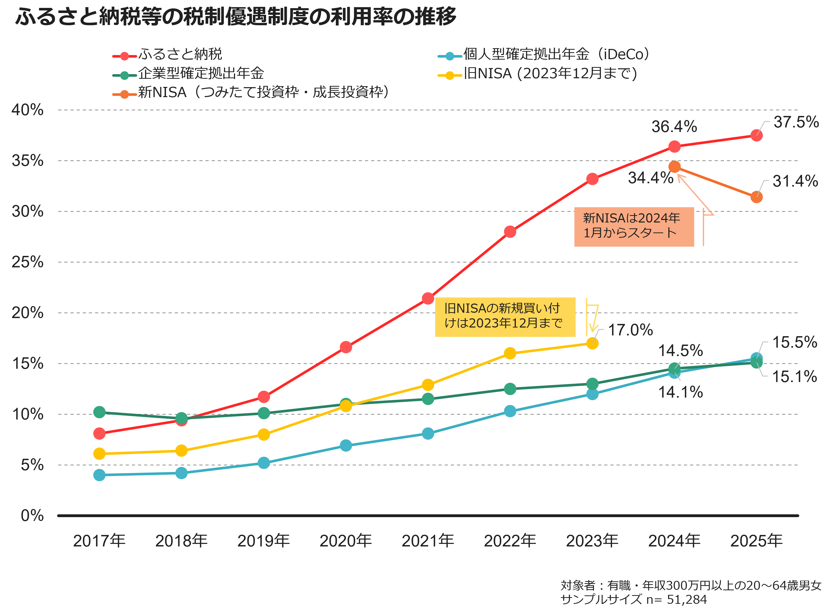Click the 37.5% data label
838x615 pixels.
[x=796, y=122]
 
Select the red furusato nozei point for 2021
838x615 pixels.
[x=428, y=298]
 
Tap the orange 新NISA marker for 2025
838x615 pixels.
[x=756, y=197]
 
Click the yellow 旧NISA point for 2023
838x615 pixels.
[x=592, y=343]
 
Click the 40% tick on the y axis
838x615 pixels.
[x=28, y=110]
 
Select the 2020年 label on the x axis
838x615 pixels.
[x=345, y=541]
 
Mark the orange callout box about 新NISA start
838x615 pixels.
[x=634, y=227]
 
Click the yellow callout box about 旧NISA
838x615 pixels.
[x=505, y=317]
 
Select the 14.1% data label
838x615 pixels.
[x=680, y=392]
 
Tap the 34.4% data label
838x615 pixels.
[x=650, y=178]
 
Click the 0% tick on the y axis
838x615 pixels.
[x=32, y=516]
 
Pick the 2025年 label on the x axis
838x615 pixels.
[x=756, y=541]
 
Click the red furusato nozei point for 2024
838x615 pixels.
[x=674, y=147]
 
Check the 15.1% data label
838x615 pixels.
[x=794, y=377]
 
